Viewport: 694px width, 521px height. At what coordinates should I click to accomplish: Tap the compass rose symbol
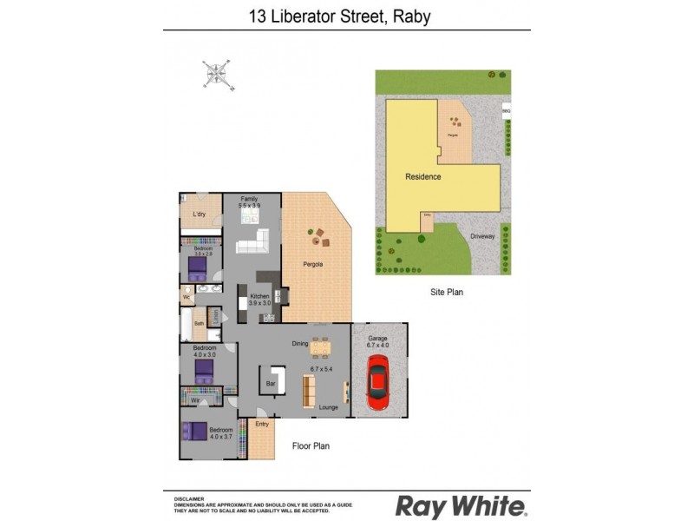coord(216,74)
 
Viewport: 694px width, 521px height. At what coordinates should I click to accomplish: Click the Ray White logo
coord(461,505)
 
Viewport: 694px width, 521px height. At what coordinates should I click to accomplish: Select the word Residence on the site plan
coord(423,177)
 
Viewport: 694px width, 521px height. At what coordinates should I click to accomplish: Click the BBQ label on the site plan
coord(506,111)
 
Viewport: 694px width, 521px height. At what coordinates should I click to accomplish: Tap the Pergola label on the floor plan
coord(312,264)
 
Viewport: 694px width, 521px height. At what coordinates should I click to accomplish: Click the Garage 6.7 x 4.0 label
coord(378,341)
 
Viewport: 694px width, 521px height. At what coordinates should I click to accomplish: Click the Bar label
coord(270,383)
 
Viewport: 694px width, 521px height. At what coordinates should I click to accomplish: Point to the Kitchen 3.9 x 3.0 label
coord(260,300)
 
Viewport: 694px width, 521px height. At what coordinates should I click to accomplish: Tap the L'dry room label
coord(199,214)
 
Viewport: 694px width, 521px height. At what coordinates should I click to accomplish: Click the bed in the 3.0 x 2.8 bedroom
coord(199,264)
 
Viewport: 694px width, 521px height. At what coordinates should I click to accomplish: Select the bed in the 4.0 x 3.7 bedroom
coord(195,432)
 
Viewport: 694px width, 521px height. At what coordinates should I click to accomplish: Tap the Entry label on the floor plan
coord(262,424)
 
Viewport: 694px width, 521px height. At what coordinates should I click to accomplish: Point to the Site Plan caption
coord(447,293)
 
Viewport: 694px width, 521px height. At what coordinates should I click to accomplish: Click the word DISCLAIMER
coord(189,499)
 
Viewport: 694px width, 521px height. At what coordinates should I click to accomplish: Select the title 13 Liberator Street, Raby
coord(346,15)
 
